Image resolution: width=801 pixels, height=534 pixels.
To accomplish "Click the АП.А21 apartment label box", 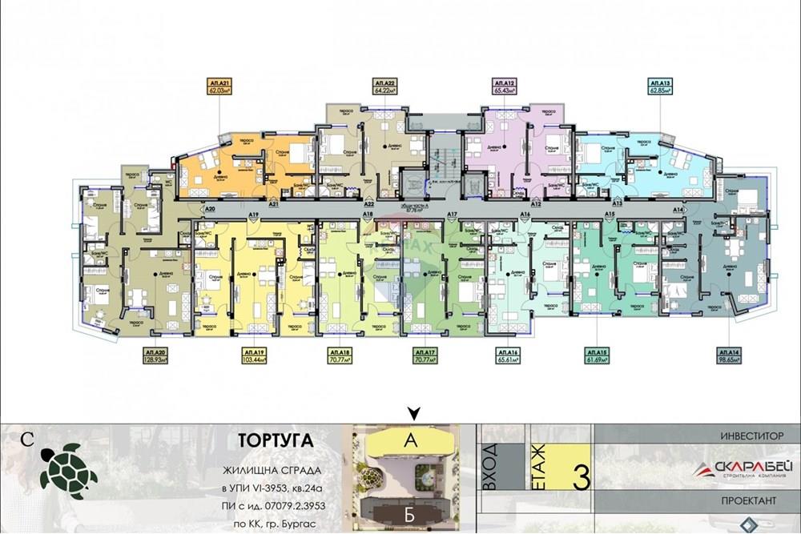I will coord(219,87).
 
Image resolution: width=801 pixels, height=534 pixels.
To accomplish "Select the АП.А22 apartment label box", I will coord(386,87).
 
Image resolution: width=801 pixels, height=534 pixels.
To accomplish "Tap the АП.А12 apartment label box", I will coord(504,87).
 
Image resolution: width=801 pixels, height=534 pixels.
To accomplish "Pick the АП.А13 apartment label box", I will coord(660,87).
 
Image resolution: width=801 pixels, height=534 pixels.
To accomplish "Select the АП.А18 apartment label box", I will coord(340,356).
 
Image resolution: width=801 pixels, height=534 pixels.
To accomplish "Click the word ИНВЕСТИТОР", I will coord(751,436).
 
